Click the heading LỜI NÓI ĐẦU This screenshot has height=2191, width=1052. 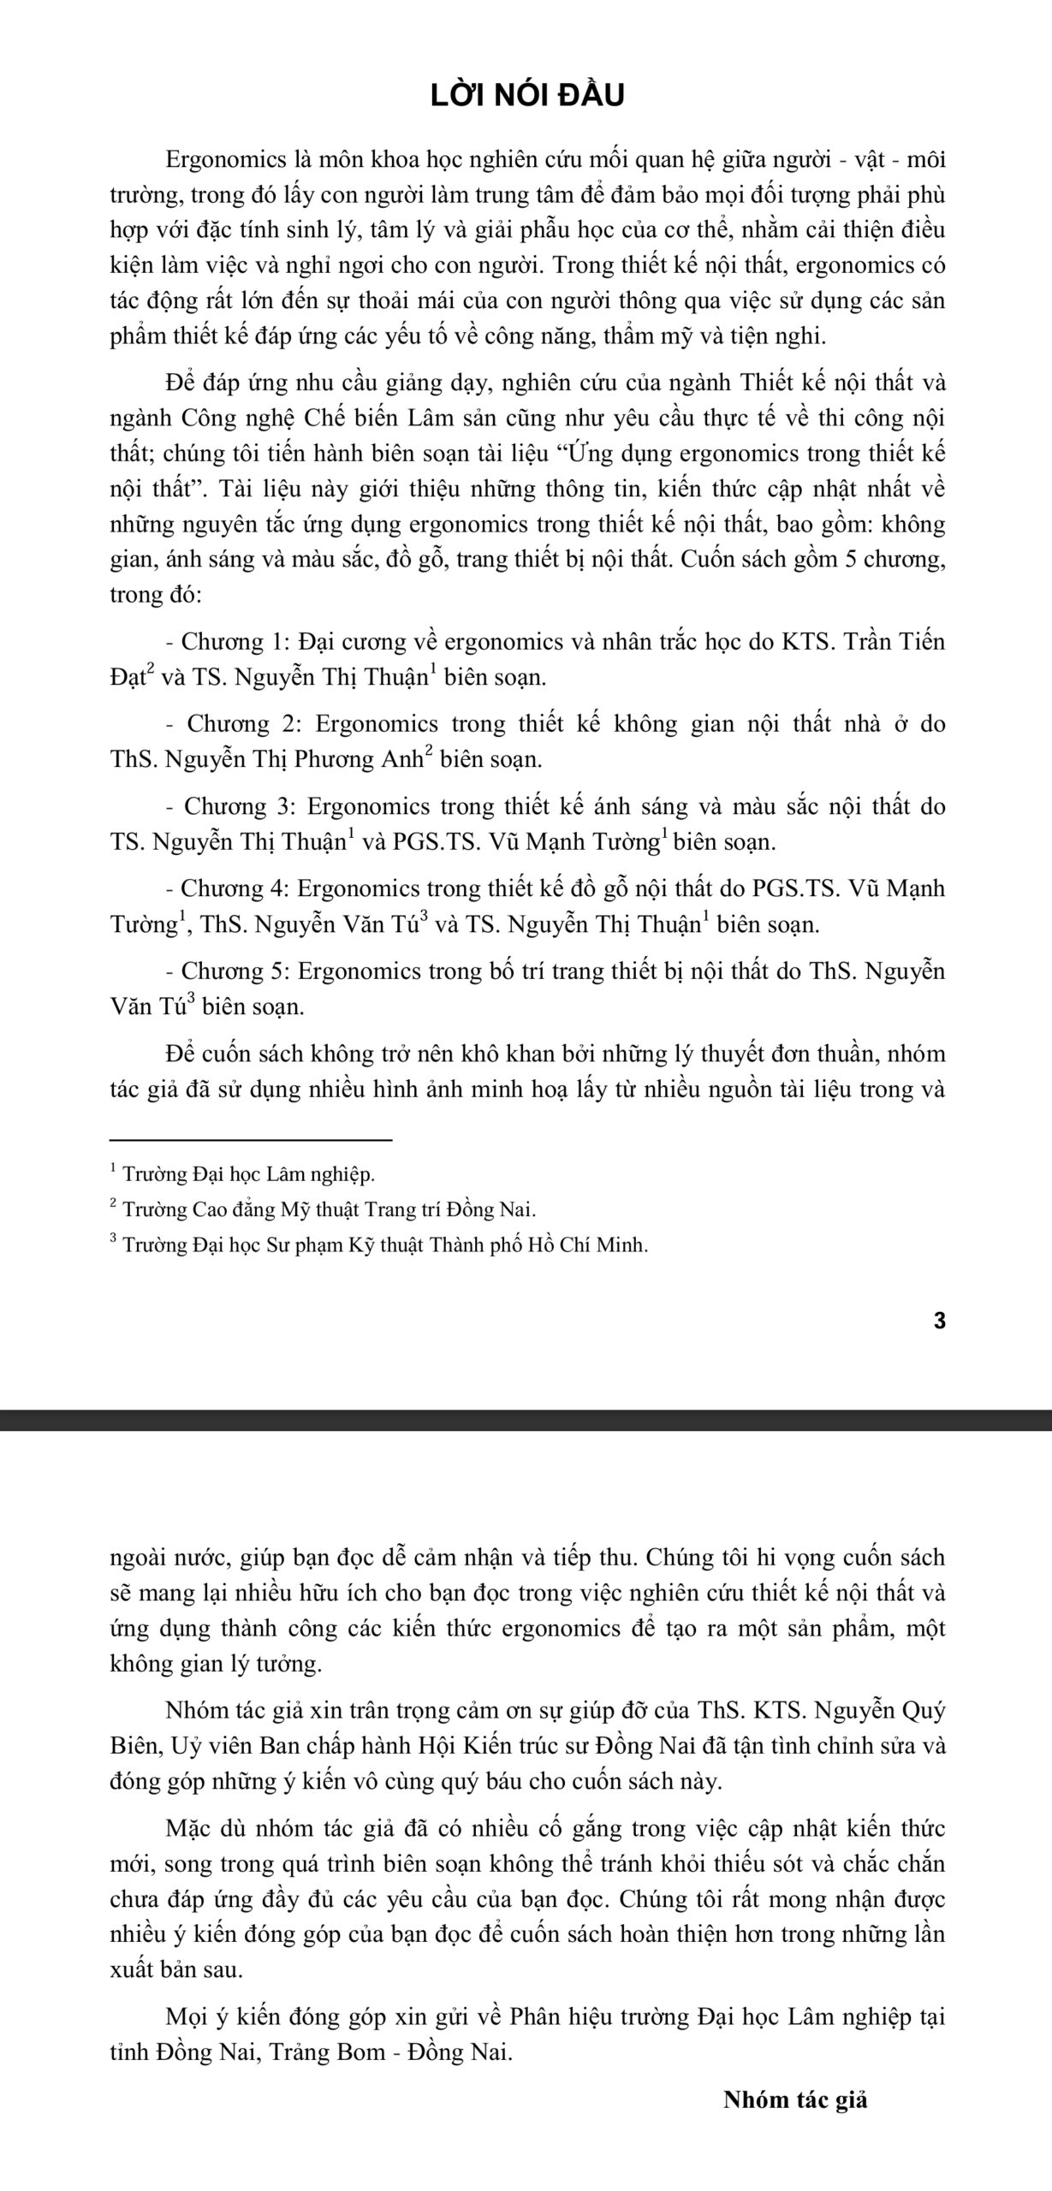526,95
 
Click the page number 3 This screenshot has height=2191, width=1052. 939,1321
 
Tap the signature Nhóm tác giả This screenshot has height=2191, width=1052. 795,2099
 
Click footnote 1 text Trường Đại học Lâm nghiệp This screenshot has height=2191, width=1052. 248,1173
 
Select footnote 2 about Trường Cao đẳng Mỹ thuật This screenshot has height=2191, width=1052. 329,1209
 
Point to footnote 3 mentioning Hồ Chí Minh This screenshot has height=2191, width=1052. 384,1244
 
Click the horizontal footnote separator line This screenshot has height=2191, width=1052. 251,1139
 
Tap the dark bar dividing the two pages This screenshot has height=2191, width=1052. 526,1420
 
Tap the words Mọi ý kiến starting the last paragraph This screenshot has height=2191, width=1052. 223,2016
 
